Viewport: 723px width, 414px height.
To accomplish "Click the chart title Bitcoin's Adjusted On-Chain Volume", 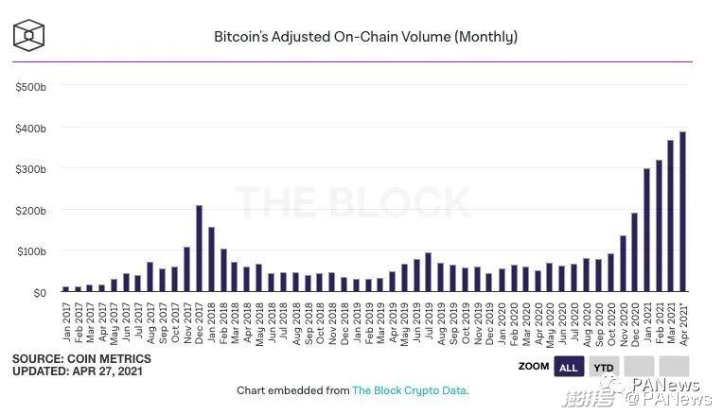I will click(365, 37).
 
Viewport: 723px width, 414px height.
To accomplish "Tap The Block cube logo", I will click(30, 34).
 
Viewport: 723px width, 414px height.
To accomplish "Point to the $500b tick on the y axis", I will click(30, 86).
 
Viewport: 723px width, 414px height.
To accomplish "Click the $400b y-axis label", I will click(30, 128).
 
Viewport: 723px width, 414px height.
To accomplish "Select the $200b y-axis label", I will click(30, 210).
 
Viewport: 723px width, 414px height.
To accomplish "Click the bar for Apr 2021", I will click(682, 212).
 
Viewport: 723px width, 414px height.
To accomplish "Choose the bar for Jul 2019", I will click(428, 272).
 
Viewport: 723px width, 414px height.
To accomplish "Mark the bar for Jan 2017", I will click(66, 289).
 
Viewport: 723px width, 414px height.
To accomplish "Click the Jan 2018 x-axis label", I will click(211, 320).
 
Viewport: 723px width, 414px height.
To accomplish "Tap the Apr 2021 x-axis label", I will click(682, 320).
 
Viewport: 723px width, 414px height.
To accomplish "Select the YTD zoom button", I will click(602, 367).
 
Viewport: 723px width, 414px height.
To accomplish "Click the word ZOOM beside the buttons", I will click(534, 367).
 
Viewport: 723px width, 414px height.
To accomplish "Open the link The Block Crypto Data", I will click(409, 390).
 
